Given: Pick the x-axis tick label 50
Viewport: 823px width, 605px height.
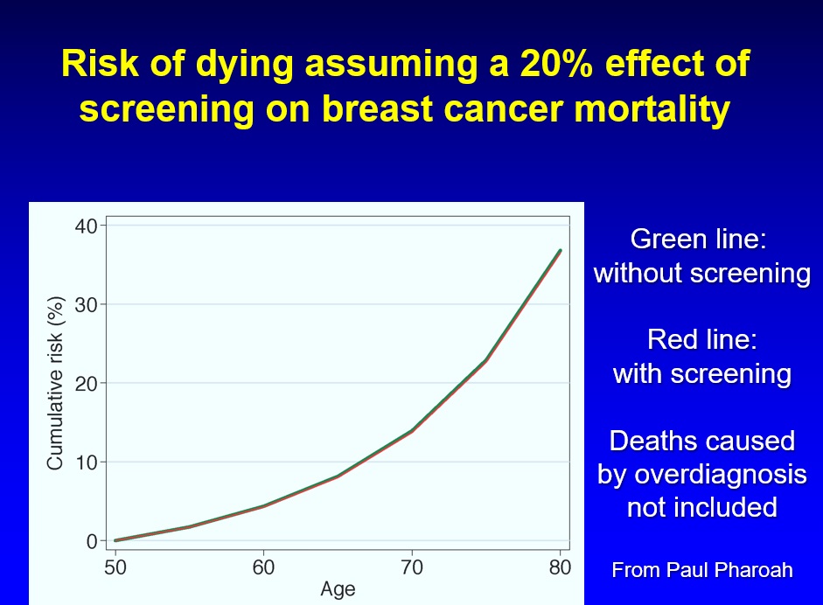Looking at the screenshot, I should point(115,567).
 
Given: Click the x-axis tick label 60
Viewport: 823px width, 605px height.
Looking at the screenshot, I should point(263,567).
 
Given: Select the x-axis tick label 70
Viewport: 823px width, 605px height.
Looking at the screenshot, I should point(412,567).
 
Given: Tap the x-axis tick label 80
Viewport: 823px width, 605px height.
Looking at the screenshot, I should point(560,567).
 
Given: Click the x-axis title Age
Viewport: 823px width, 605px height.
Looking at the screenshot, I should point(338,589).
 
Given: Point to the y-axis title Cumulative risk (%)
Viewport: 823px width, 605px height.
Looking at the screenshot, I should point(55,383).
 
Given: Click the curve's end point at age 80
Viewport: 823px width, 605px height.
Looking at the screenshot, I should point(560,251).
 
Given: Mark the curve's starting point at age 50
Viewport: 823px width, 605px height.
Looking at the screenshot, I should point(115,540).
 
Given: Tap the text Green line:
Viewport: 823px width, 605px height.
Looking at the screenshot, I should point(701,239).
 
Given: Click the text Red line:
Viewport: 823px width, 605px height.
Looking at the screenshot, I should point(701,339).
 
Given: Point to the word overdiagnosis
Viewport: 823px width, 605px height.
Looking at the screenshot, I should point(701,474).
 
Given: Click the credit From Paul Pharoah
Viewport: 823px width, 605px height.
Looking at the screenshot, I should point(701,570).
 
